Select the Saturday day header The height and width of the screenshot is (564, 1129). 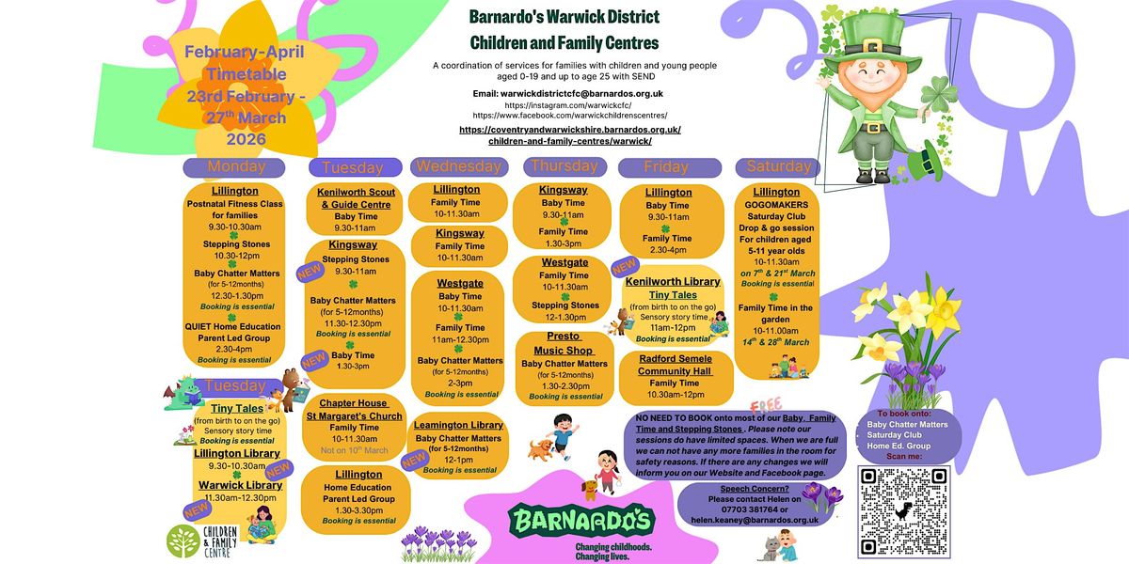(x=778, y=166)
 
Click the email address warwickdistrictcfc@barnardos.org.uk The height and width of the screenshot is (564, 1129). (x=569, y=93)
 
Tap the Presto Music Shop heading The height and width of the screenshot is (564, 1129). (x=564, y=343)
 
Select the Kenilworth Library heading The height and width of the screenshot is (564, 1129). (x=672, y=281)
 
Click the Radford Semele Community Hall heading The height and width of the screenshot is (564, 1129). (x=676, y=365)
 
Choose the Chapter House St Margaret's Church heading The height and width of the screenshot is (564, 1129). (x=354, y=409)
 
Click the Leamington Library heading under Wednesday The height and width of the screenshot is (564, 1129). (x=459, y=425)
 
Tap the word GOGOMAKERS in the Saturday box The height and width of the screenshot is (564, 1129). (x=777, y=203)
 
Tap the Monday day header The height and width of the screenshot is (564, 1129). (x=236, y=166)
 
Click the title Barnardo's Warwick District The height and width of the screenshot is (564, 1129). (x=564, y=17)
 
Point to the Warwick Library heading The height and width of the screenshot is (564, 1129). (x=239, y=485)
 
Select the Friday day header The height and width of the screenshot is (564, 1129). (x=666, y=166)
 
